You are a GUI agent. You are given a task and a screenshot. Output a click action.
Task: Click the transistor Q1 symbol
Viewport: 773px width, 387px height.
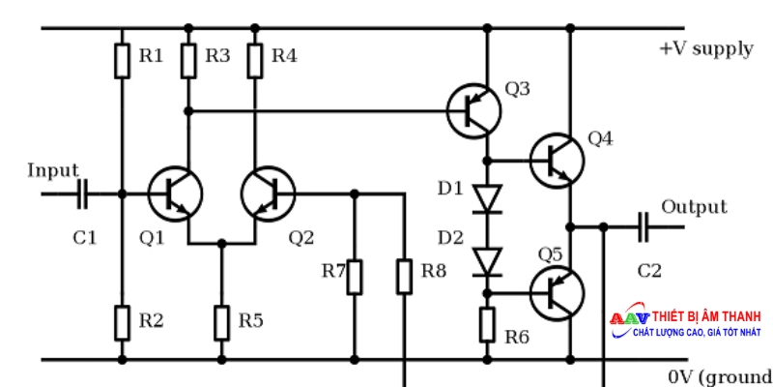[176, 193]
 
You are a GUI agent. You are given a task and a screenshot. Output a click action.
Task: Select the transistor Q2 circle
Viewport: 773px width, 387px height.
[268, 193]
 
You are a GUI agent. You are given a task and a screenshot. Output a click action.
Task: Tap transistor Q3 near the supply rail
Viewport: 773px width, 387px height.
[474, 111]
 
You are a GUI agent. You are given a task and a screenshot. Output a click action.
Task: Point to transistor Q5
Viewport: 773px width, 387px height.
[558, 289]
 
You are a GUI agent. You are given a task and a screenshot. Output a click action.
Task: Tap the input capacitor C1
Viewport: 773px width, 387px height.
[81, 193]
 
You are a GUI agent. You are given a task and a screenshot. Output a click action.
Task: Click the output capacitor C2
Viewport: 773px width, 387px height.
[644, 227]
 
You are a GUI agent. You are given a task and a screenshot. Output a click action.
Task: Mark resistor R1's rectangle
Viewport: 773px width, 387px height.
[122, 60]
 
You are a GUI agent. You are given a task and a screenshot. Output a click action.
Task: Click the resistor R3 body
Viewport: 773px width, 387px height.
[188, 60]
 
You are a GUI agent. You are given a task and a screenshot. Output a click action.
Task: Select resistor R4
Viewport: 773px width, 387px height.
[255, 60]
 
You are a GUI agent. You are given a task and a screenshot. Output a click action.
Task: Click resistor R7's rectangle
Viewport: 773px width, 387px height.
[355, 276]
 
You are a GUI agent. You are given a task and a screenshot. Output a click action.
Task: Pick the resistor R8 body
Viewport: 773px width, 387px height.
[404, 276]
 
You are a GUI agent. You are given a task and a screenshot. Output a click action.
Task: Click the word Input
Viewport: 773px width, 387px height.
[52, 171]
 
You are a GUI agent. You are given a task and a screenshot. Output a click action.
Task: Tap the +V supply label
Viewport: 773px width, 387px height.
[705, 48]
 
